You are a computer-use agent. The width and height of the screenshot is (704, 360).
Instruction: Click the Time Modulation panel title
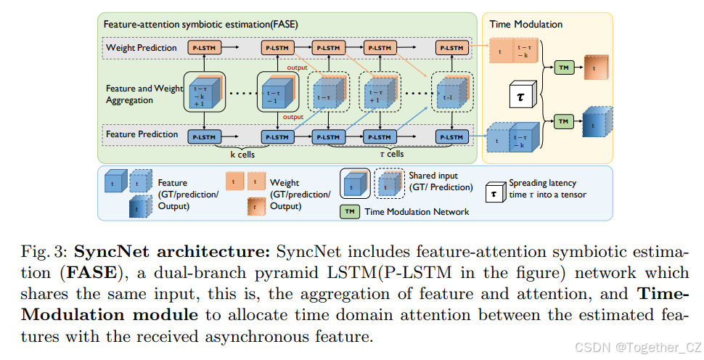click(x=526, y=24)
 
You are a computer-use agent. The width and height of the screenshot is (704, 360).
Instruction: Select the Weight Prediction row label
click(x=142, y=48)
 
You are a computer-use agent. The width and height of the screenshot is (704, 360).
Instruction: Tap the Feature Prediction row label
click(x=142, y=134)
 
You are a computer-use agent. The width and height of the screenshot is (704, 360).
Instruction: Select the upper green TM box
click(x=563, y=67)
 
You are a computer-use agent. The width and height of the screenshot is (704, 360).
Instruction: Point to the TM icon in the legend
click(x=351, y=211)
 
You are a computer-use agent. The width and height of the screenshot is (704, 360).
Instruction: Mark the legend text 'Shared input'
click(x=433, y=176)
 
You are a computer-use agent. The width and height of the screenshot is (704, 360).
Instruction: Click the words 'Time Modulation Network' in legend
click(x=417, y=212)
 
